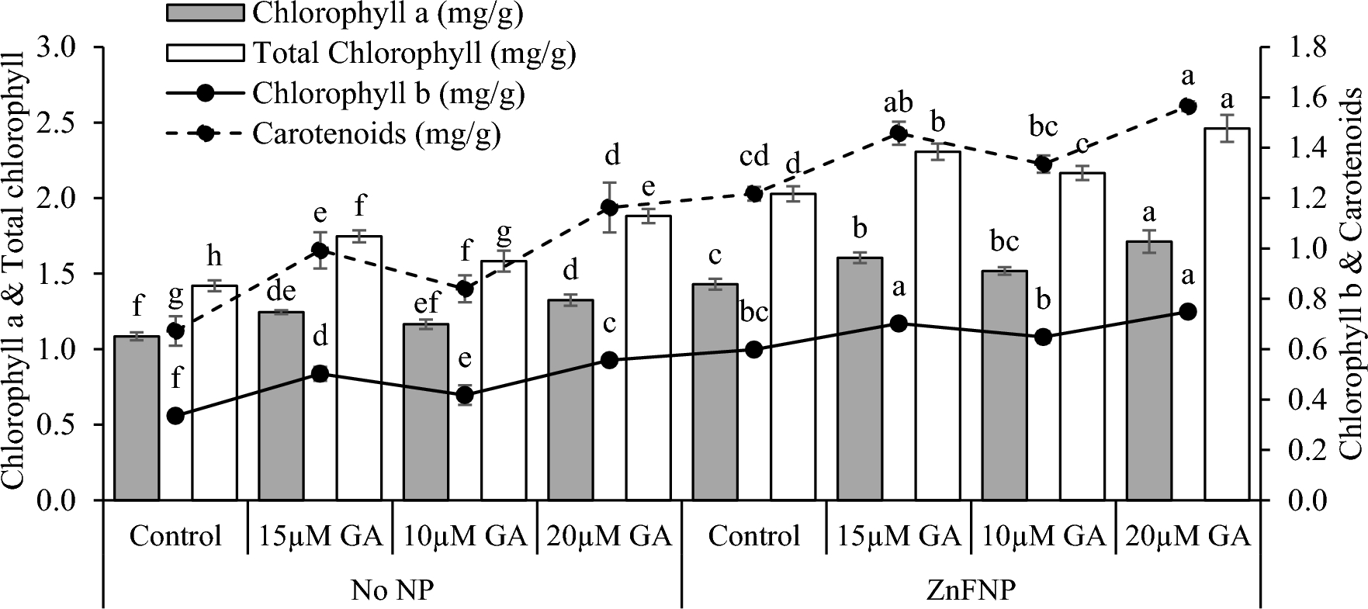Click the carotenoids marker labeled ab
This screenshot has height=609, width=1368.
(x=899, y=133)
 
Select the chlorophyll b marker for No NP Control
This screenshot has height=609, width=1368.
(x=175, y=416)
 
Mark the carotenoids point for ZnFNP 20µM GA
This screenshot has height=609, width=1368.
(x=1187, y=106)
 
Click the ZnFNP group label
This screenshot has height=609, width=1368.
(x=971, y=589)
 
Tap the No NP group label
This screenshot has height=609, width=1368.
(x=392, y=589)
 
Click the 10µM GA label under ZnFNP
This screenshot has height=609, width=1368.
(x=1043, y=536)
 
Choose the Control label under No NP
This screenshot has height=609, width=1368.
(x=175, y=536)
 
